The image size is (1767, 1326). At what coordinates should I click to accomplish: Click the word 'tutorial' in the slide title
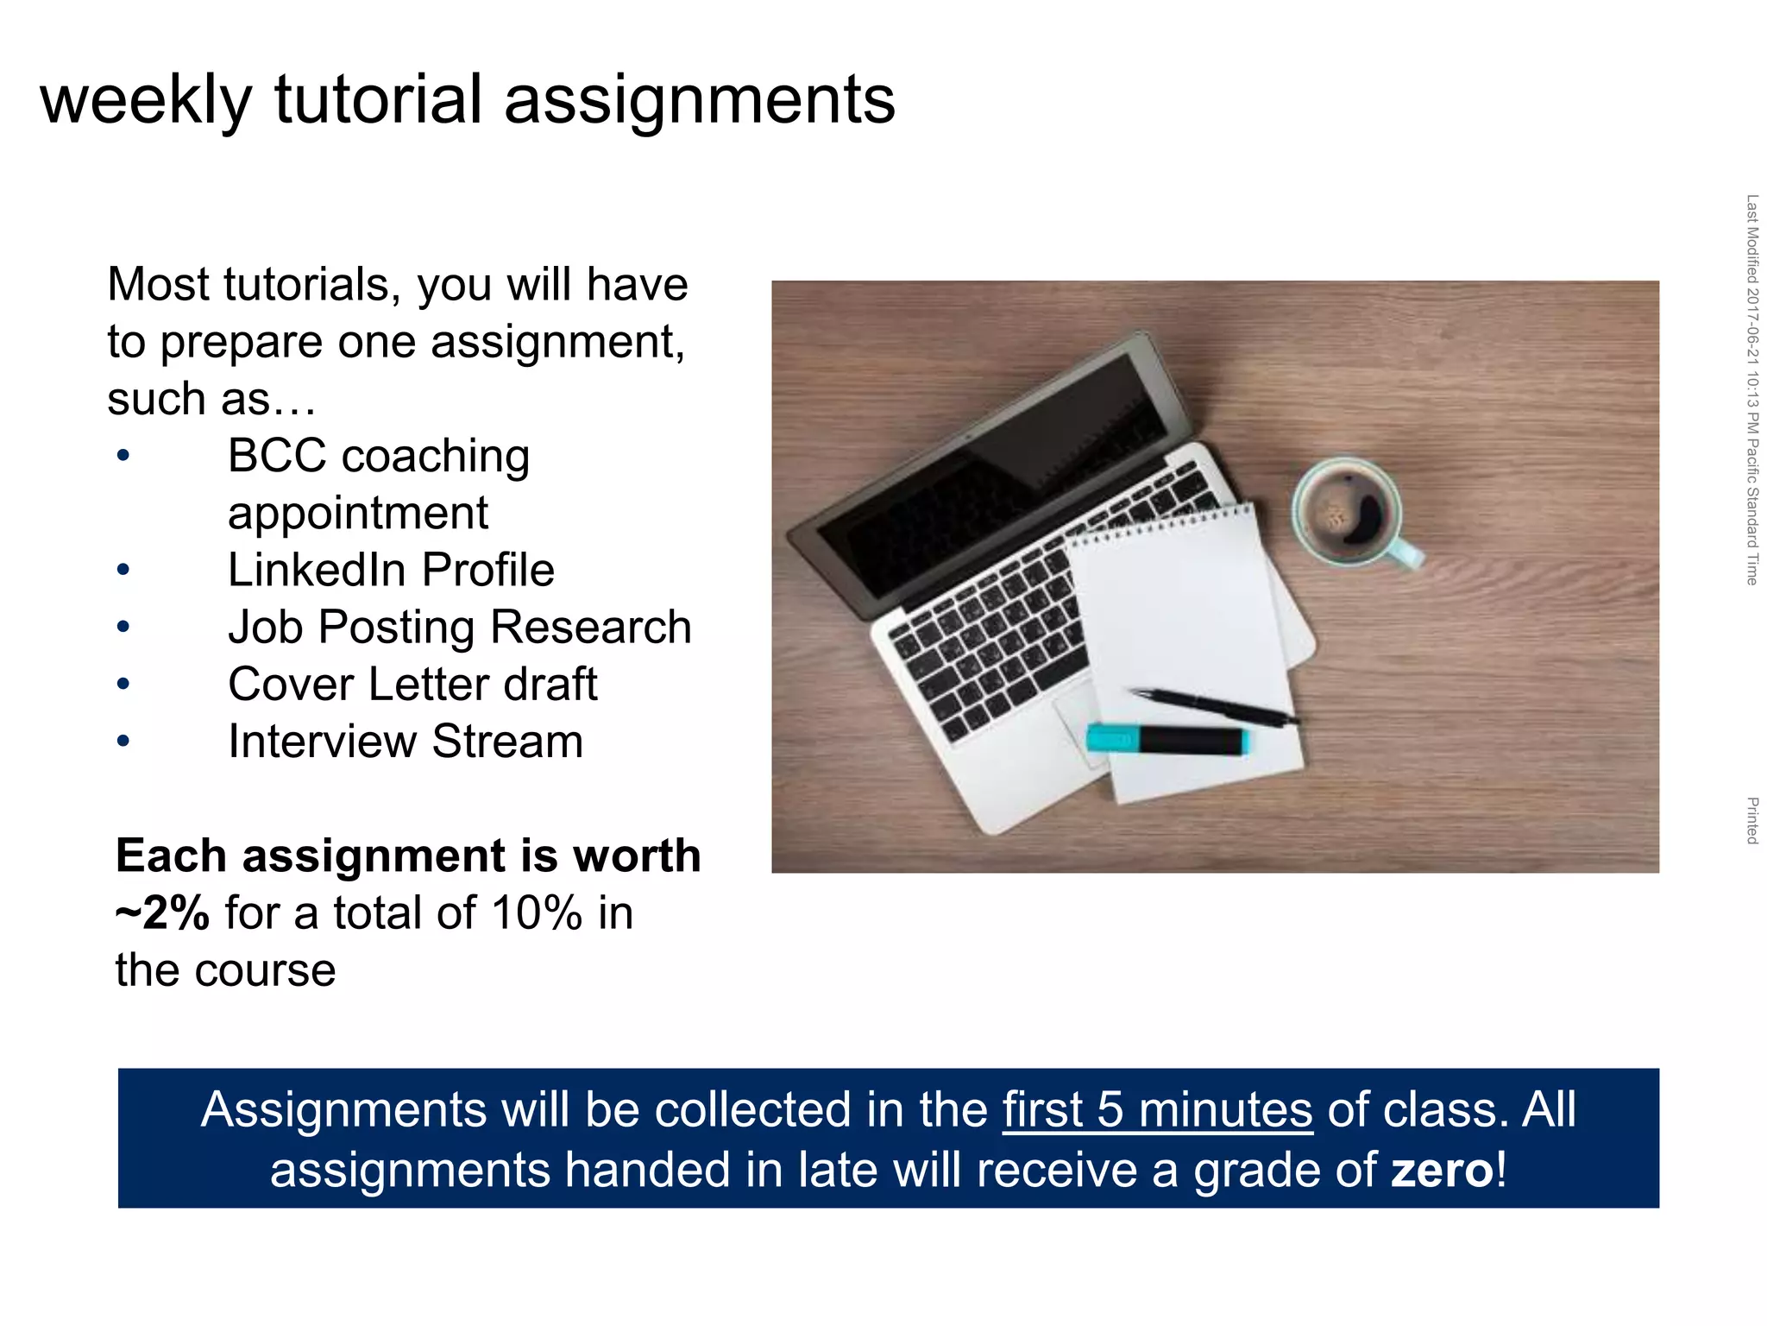[x=378, y=99]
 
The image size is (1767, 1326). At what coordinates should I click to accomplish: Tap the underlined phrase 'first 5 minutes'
[x=1157, y=1109]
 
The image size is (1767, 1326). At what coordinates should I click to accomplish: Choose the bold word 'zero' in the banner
[x=1443, y=1170]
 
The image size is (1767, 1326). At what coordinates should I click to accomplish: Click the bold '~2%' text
[x=162, y=912]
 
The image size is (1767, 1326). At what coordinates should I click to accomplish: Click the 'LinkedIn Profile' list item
[x=391, y=570]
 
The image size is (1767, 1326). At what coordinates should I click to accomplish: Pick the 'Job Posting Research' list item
[x=459, y=627]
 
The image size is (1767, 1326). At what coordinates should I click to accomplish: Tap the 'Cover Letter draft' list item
[x=412, y=684]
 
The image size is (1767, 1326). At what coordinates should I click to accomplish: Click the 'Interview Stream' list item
[x=406, y=741]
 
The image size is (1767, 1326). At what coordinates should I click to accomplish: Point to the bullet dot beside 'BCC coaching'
[x=123, y=455]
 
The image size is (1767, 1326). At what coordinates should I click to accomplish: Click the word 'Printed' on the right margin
[x=1752, y=820]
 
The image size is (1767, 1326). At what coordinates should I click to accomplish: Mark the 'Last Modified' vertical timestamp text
[x=1752, y=388]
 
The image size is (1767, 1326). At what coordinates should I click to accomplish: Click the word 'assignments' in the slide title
[x=700, y=99]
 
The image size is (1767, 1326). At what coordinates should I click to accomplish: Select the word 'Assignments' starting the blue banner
[x=343, y=1109]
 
